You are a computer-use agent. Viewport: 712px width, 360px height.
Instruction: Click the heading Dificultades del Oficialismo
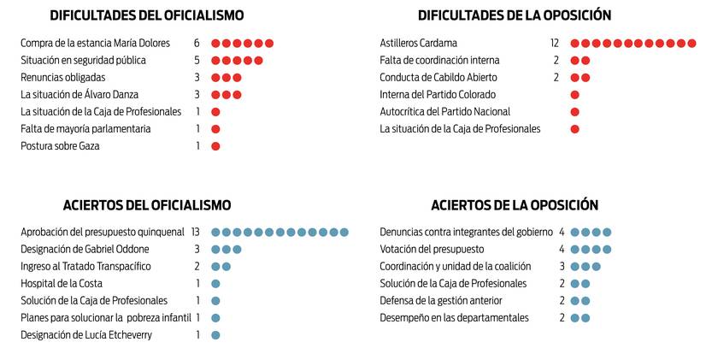point(146,15)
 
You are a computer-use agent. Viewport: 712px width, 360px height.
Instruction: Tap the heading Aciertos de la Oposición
point(514,205)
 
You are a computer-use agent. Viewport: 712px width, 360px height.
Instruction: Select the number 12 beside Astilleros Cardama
point(554,44)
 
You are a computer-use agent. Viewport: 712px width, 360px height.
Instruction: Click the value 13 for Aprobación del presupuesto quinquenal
point(196,232)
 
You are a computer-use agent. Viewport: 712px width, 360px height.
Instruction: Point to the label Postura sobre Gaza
point(60,146)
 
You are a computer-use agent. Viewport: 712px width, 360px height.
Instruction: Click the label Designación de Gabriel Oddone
point(85,249)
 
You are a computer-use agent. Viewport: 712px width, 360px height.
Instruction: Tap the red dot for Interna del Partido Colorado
point(574,95)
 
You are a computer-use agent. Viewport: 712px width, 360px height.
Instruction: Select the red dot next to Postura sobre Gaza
point(215,146)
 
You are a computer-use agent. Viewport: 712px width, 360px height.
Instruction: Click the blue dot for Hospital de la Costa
point(215,284)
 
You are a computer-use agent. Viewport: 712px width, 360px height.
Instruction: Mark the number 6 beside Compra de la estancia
point(197,44)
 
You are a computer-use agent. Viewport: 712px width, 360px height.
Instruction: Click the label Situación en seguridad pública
point(83,61)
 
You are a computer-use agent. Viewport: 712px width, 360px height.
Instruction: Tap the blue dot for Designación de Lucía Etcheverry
point(215,335)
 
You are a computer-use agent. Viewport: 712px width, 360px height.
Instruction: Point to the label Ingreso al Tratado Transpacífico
point(85,266)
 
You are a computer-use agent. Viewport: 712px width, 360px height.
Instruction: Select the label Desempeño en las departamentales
point(454,318)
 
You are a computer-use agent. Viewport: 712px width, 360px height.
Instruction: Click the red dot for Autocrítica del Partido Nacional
point(574,112)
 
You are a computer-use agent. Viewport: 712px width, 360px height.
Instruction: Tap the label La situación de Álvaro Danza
point(79,95)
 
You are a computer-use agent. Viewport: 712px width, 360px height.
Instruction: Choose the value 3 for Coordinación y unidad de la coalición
point(562,267)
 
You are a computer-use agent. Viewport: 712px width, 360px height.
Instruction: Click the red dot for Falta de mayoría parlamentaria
point(215,129)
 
